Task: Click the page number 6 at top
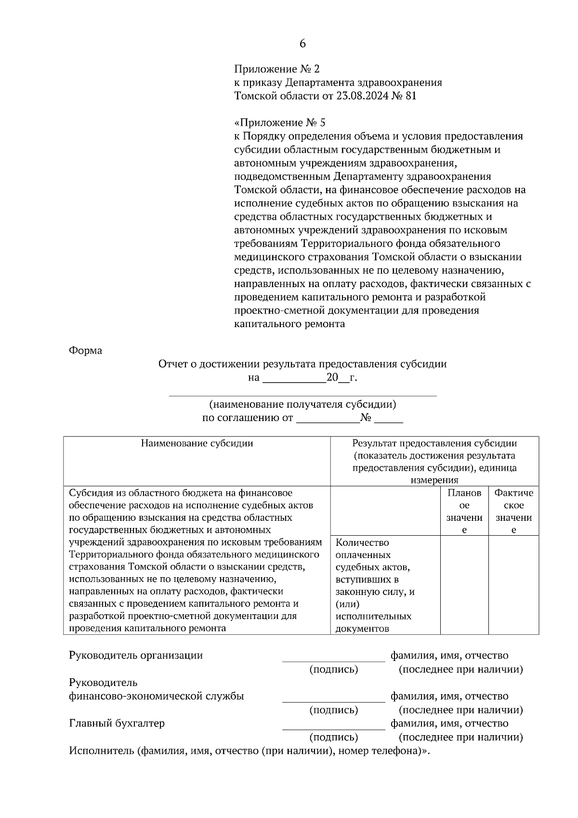(302, 43)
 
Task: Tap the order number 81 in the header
(411, 96)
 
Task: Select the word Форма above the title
(85, 351)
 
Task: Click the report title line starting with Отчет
(302, 364)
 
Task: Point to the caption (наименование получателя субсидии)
(302, 404)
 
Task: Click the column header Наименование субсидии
(197, 443)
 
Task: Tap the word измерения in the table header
(434, 480)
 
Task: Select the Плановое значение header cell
(464, 511)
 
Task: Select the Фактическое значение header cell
(513, 511)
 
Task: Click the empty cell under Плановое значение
(464, 585)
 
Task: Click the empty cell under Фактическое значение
(513, 585)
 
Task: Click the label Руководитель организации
(136, 655)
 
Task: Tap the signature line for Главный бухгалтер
(333, 728)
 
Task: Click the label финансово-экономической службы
(157, 696)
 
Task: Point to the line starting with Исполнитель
(249, 751)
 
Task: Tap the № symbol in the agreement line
(366, 418)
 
